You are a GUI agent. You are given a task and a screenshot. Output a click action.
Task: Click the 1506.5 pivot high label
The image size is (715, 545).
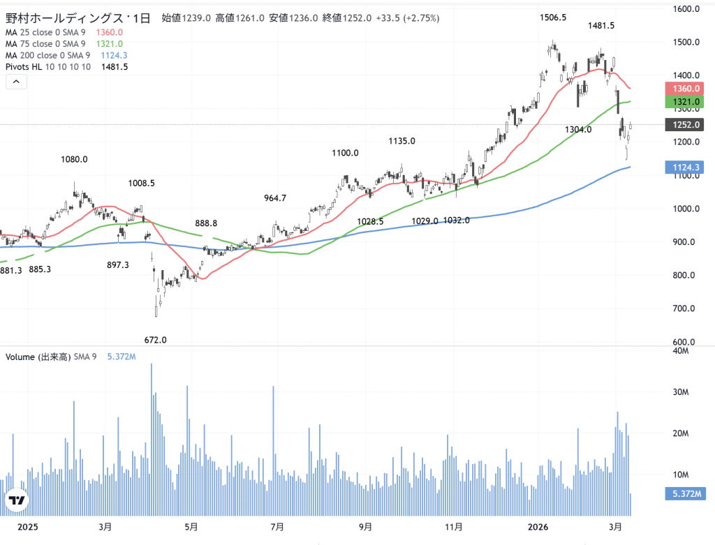[x=552, y=17]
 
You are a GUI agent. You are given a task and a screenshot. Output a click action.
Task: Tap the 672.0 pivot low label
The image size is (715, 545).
[x=155, y=340]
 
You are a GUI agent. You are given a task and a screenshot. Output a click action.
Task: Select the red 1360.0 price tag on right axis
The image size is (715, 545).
[x=686, y=89]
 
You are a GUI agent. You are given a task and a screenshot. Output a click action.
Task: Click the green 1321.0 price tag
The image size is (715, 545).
[x=686, y=103]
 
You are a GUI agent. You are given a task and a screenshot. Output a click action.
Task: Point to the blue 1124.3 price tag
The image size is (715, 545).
[x=686, y=167]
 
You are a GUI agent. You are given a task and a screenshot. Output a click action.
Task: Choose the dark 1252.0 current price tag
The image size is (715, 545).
[x=686, y=125]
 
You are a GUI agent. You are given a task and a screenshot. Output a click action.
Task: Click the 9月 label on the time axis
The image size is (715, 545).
[x=364, y=527]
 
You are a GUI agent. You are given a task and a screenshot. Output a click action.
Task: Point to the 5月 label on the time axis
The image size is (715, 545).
[x=190, y=527]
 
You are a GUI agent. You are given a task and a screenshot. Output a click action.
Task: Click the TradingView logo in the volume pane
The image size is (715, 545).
[x=17, y=500]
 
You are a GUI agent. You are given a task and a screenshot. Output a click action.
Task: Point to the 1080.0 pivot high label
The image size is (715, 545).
[x=74, y=159]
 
